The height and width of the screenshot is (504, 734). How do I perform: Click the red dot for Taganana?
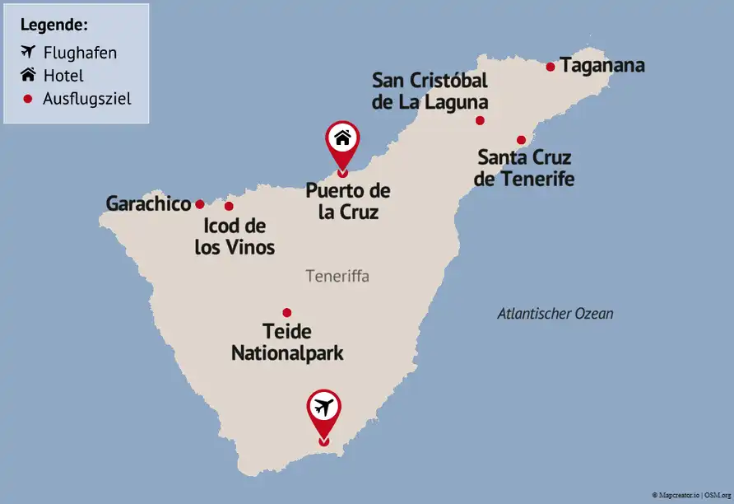(551, 67)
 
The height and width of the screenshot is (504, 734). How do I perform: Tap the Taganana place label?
(602, 66)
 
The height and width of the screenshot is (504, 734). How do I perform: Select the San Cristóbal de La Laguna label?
(430, 91)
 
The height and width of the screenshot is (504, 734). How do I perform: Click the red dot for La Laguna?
(480, 120)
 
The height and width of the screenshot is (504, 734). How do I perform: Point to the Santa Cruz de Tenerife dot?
(521, 140)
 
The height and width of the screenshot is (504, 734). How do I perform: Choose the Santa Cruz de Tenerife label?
(524, 167)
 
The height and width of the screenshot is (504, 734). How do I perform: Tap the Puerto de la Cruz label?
(347, 201)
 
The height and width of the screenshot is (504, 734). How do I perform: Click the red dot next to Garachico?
(199, 204)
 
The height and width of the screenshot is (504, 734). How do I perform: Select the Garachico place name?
(149, 204)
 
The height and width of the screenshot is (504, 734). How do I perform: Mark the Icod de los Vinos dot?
(229, 206)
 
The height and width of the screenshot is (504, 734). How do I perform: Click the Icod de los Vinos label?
(235, 236)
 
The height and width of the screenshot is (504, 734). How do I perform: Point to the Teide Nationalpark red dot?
(286, 312)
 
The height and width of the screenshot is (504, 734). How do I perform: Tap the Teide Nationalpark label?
(287, 343)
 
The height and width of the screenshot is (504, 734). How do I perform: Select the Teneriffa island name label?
(337, 277)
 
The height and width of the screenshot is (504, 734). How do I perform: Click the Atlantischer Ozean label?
(555, 314)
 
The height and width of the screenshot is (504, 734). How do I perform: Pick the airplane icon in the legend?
(28, 52)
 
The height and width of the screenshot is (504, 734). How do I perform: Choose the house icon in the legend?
(28, 75)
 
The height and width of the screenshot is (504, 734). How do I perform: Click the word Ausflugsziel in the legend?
(86, 99)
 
